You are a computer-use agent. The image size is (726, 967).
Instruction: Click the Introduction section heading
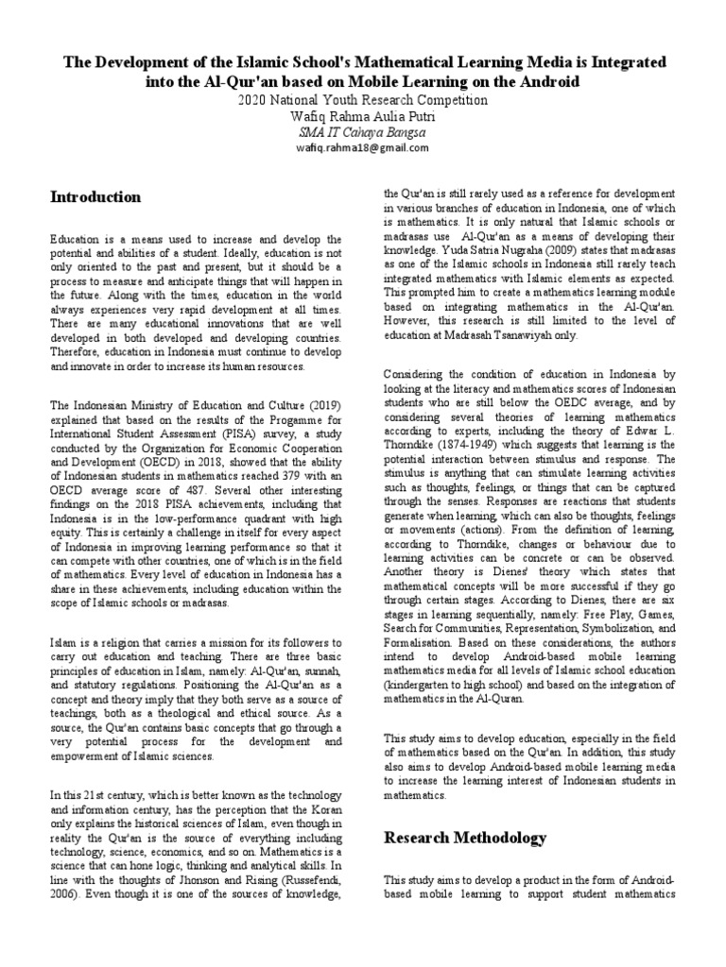(95, 197)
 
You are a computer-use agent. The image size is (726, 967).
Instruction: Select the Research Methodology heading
(464, 838)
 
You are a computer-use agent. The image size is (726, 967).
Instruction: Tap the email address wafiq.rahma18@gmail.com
(363, 148)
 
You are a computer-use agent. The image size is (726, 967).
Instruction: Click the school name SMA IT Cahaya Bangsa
(363, 132)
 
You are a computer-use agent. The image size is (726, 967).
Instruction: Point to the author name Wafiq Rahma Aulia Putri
(363, 116)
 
